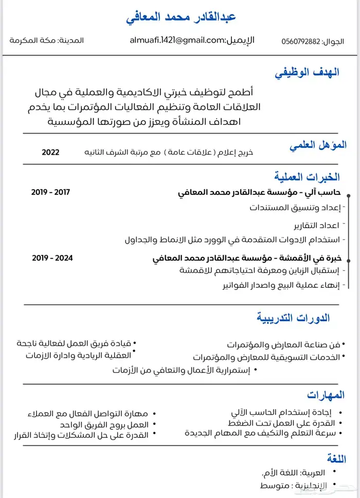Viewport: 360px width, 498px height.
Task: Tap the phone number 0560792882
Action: click(x=300, y=41)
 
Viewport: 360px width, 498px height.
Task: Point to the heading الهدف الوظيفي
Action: click(x=307, y=72)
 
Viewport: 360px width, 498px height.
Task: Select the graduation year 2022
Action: click(x=50, y=152)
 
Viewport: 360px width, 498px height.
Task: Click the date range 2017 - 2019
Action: click(x=50, y=192)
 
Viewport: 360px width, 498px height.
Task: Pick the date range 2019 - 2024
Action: click(x=50, y=257)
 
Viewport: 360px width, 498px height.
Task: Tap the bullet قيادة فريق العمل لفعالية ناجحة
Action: click(x=74, y=343)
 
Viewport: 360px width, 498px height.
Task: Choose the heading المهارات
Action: click(x=326, y=395)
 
